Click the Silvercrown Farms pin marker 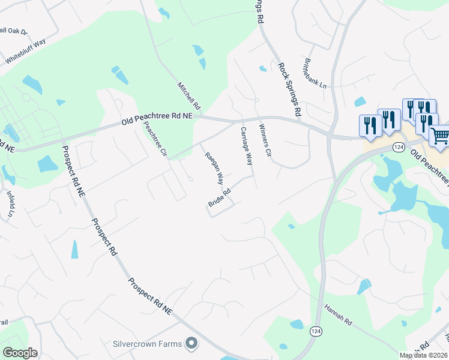pos(191,343)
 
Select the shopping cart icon pos(440,136)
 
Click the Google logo pos(20,353)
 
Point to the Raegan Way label pos(214,169)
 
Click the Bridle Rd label pos(220,199)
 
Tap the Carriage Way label pos(247,146)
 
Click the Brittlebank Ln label pos(315,74)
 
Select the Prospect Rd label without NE pos(104,237)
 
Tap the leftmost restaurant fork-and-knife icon pos(369,125)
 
